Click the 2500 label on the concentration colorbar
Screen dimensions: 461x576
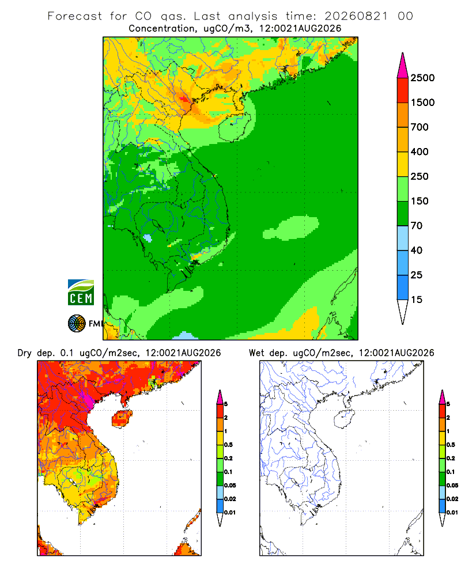(422, 78)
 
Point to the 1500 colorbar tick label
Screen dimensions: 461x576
(422, 103)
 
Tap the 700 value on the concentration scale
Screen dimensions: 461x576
(420, 127)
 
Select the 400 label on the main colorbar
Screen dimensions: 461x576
(420, 151)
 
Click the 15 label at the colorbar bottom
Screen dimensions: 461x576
(417, 300)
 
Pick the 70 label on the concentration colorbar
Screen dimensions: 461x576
(417, 226)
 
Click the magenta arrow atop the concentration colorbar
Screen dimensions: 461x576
(403, 66)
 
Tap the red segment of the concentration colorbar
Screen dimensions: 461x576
(403, 90)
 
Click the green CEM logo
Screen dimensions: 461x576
(81, 293)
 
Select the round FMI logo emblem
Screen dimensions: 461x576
(77, 324)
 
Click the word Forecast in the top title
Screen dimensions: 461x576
(75, 16)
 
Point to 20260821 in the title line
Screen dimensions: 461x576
(356, 16)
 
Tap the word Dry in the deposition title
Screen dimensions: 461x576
(24, 353)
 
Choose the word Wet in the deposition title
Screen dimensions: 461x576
(256, 353)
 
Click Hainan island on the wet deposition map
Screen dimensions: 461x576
(345, 419)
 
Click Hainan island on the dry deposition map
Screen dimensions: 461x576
(122, 419)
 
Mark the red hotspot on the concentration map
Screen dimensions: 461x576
(183, 98)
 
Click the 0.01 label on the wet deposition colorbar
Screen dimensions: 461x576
(452, 513)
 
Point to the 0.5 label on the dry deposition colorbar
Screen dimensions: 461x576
(228, 445)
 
